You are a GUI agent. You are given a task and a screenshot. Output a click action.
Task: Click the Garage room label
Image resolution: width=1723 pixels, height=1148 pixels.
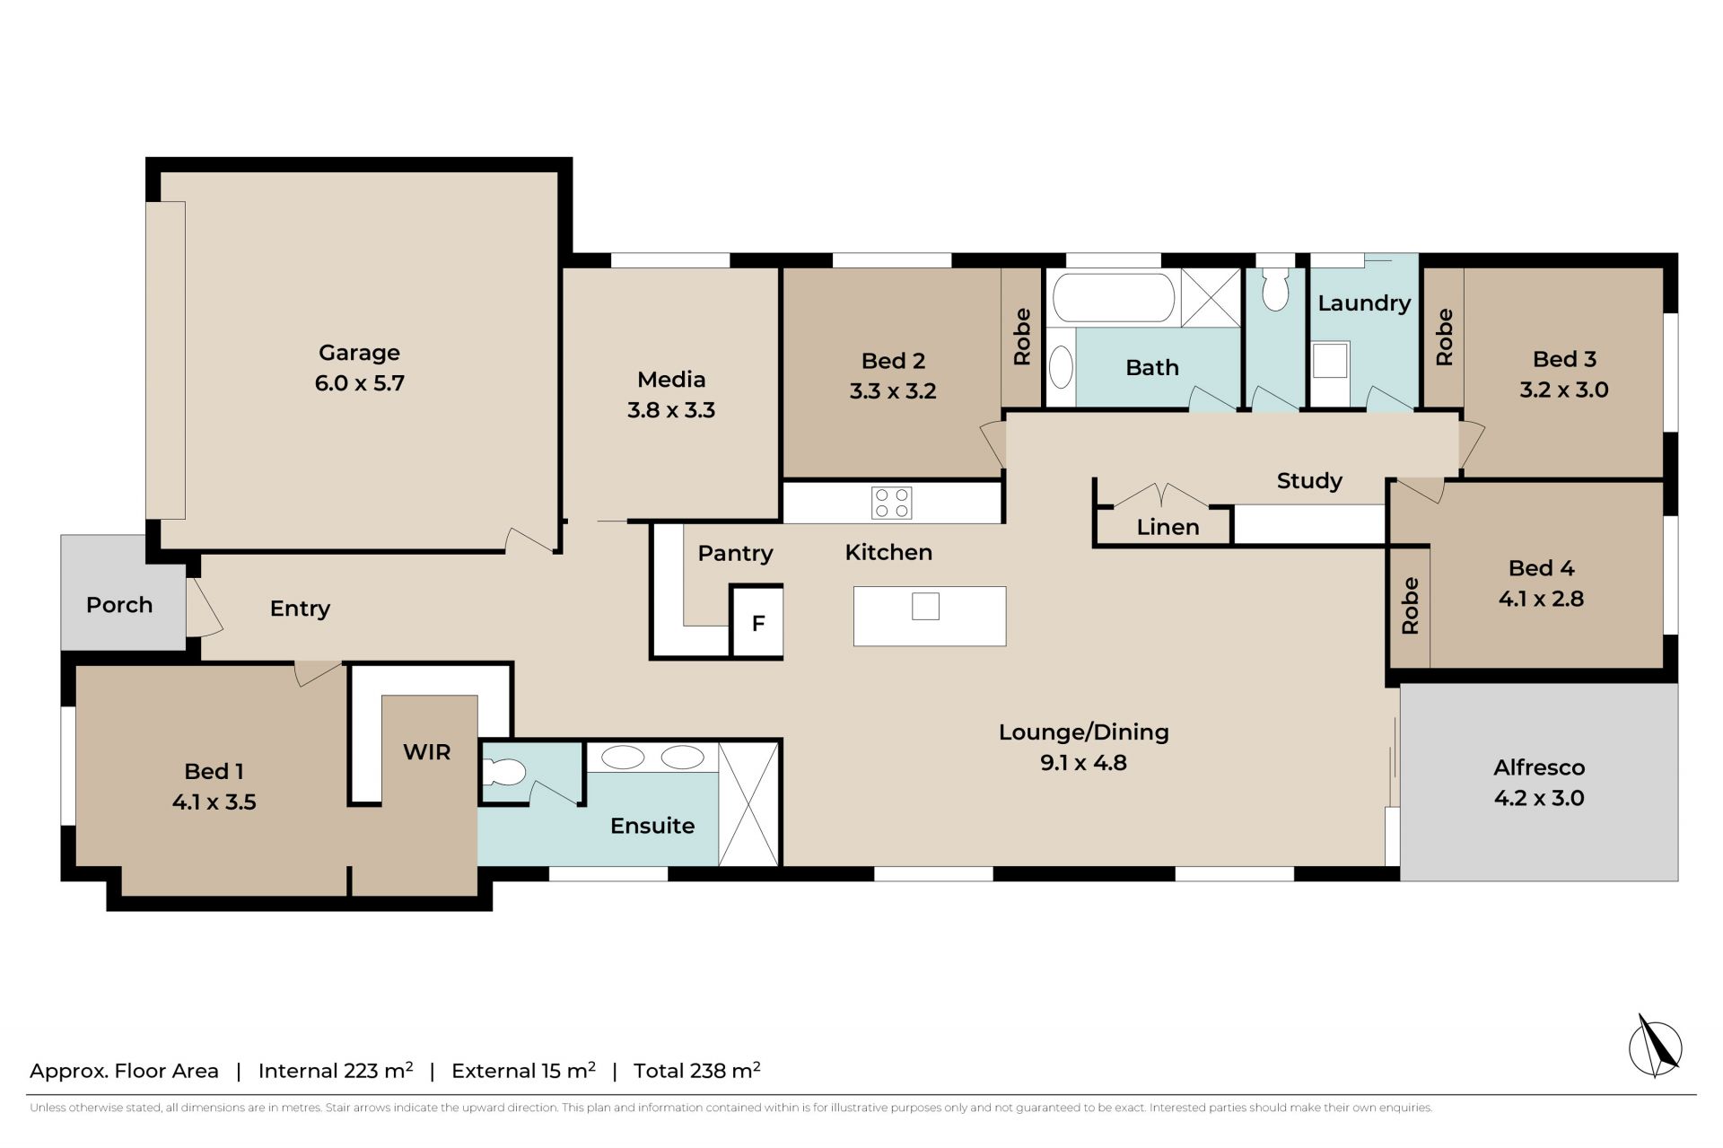coord(359,353)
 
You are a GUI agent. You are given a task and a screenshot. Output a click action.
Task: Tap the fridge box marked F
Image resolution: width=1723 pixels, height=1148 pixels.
coord(757,622)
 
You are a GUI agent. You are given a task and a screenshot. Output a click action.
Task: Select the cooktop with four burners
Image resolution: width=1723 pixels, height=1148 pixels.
coord(891,503)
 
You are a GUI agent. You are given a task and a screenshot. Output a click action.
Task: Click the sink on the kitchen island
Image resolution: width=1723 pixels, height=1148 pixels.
coord(925,607)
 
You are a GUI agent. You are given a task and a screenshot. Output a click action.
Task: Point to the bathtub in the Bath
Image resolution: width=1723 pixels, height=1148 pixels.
coord(1114,297)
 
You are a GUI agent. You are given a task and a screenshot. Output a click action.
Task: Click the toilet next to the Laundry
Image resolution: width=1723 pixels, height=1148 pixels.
coord(1274,288)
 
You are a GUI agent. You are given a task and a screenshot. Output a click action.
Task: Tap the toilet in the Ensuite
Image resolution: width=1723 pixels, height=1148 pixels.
coord(503,772)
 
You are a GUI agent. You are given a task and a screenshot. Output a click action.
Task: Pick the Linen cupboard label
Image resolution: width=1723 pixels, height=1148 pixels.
coord(1168,527)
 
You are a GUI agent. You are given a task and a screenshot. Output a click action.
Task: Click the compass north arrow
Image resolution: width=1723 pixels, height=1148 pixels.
coord(1656,1046)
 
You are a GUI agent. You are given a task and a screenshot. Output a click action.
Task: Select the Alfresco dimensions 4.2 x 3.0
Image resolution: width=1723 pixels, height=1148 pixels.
coord(1539,798)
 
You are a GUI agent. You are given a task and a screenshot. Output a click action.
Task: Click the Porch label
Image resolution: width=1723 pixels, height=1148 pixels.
coord(119,605)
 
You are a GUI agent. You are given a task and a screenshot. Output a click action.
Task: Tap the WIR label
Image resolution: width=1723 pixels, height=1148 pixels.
coord(426,752)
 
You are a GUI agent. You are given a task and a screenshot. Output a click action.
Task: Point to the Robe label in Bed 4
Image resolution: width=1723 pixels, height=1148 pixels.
coord(1410,606)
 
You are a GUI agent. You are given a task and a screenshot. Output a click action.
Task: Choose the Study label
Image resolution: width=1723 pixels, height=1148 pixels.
coord(1309,481)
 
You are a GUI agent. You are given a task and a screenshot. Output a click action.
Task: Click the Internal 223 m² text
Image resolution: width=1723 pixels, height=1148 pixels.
coord(336,1070)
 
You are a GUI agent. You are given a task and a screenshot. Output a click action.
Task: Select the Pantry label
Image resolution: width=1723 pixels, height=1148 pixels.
coord(735,553)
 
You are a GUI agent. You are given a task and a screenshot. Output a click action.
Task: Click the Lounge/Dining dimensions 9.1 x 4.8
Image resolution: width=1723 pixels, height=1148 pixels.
coord(1083,763)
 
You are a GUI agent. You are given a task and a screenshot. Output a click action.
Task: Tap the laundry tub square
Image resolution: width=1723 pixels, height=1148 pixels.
coord(1330,361)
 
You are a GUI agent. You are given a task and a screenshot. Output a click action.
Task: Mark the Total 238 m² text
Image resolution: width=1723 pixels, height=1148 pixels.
coord(697,1070)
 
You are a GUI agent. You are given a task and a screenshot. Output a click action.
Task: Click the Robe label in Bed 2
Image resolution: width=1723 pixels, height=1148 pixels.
coord(1021,337)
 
